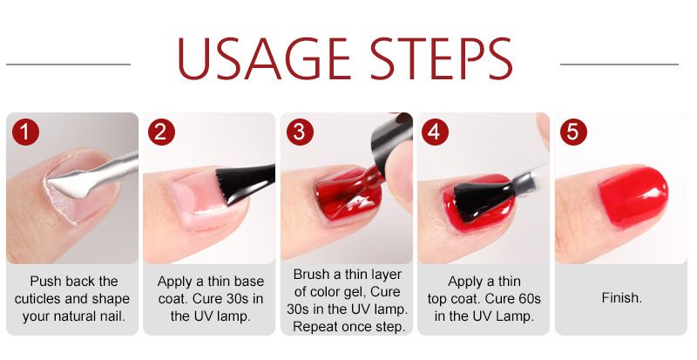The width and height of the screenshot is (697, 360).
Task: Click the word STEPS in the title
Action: tap(442, 58)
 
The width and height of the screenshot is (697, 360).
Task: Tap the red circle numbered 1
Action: tap(26, 132)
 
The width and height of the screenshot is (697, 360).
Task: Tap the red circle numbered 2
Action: tap(161, 132)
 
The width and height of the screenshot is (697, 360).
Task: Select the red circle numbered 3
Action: tap(300, 132)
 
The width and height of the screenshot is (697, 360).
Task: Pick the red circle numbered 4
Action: tap(435, 132)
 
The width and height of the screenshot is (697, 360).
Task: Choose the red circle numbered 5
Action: tap(573, 132)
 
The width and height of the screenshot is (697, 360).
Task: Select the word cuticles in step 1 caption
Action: tap(43, 299)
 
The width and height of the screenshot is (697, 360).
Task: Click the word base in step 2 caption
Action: tap(248, 282)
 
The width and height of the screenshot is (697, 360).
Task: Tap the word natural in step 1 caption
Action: tap(73, 316)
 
